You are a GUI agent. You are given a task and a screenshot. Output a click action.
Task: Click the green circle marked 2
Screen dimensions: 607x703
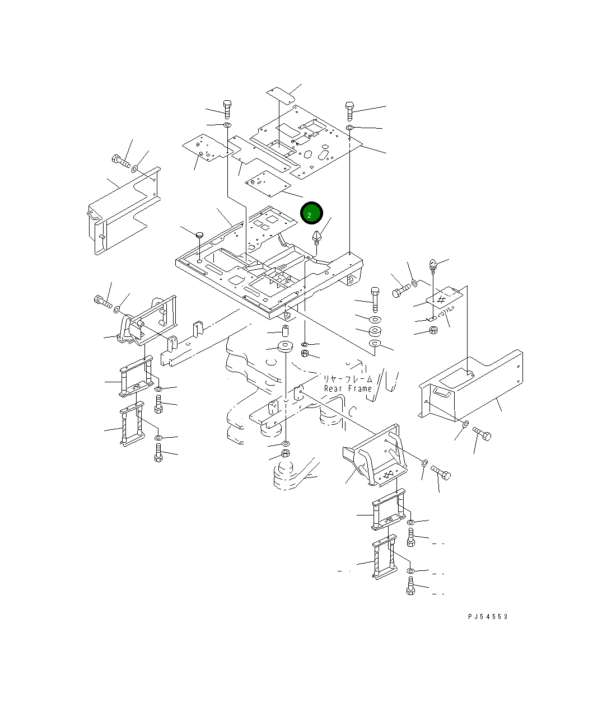pyautogui.click(x=311, y=213)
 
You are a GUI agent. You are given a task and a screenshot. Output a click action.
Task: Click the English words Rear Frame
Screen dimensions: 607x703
pyautogui.click(x=348, y=388)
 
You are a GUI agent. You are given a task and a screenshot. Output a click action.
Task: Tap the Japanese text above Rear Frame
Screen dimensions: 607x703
pyautogui.click(x=347, y=379)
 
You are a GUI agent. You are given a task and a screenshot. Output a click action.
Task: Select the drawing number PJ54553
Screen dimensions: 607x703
pyautogui.click(x=488, y=617)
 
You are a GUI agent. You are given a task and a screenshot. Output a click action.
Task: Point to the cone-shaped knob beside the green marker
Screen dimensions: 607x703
pyautogui.click(x=317, y=237)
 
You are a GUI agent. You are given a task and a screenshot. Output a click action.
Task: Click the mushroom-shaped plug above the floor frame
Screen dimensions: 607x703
pyautogui.click(x=200, y=235)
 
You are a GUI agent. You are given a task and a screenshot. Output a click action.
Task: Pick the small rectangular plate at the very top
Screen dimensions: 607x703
pyautogui.click(x=281, y=95)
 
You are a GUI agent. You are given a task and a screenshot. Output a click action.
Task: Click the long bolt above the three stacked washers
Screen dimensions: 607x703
pyautogui.click(x=375, y=299)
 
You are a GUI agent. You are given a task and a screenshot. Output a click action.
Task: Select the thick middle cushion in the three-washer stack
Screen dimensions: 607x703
pyautogui.click(x=375, y=331)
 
